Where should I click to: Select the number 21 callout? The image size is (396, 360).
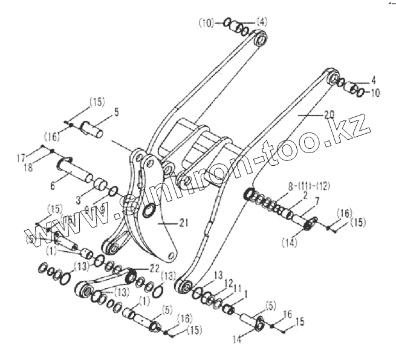click(x=184, y=223)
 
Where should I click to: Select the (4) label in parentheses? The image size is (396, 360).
click(x=261, y=22)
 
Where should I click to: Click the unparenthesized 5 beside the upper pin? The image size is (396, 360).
click(x=117, y=112)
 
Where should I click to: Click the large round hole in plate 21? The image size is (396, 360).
click(x=149, y=212)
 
